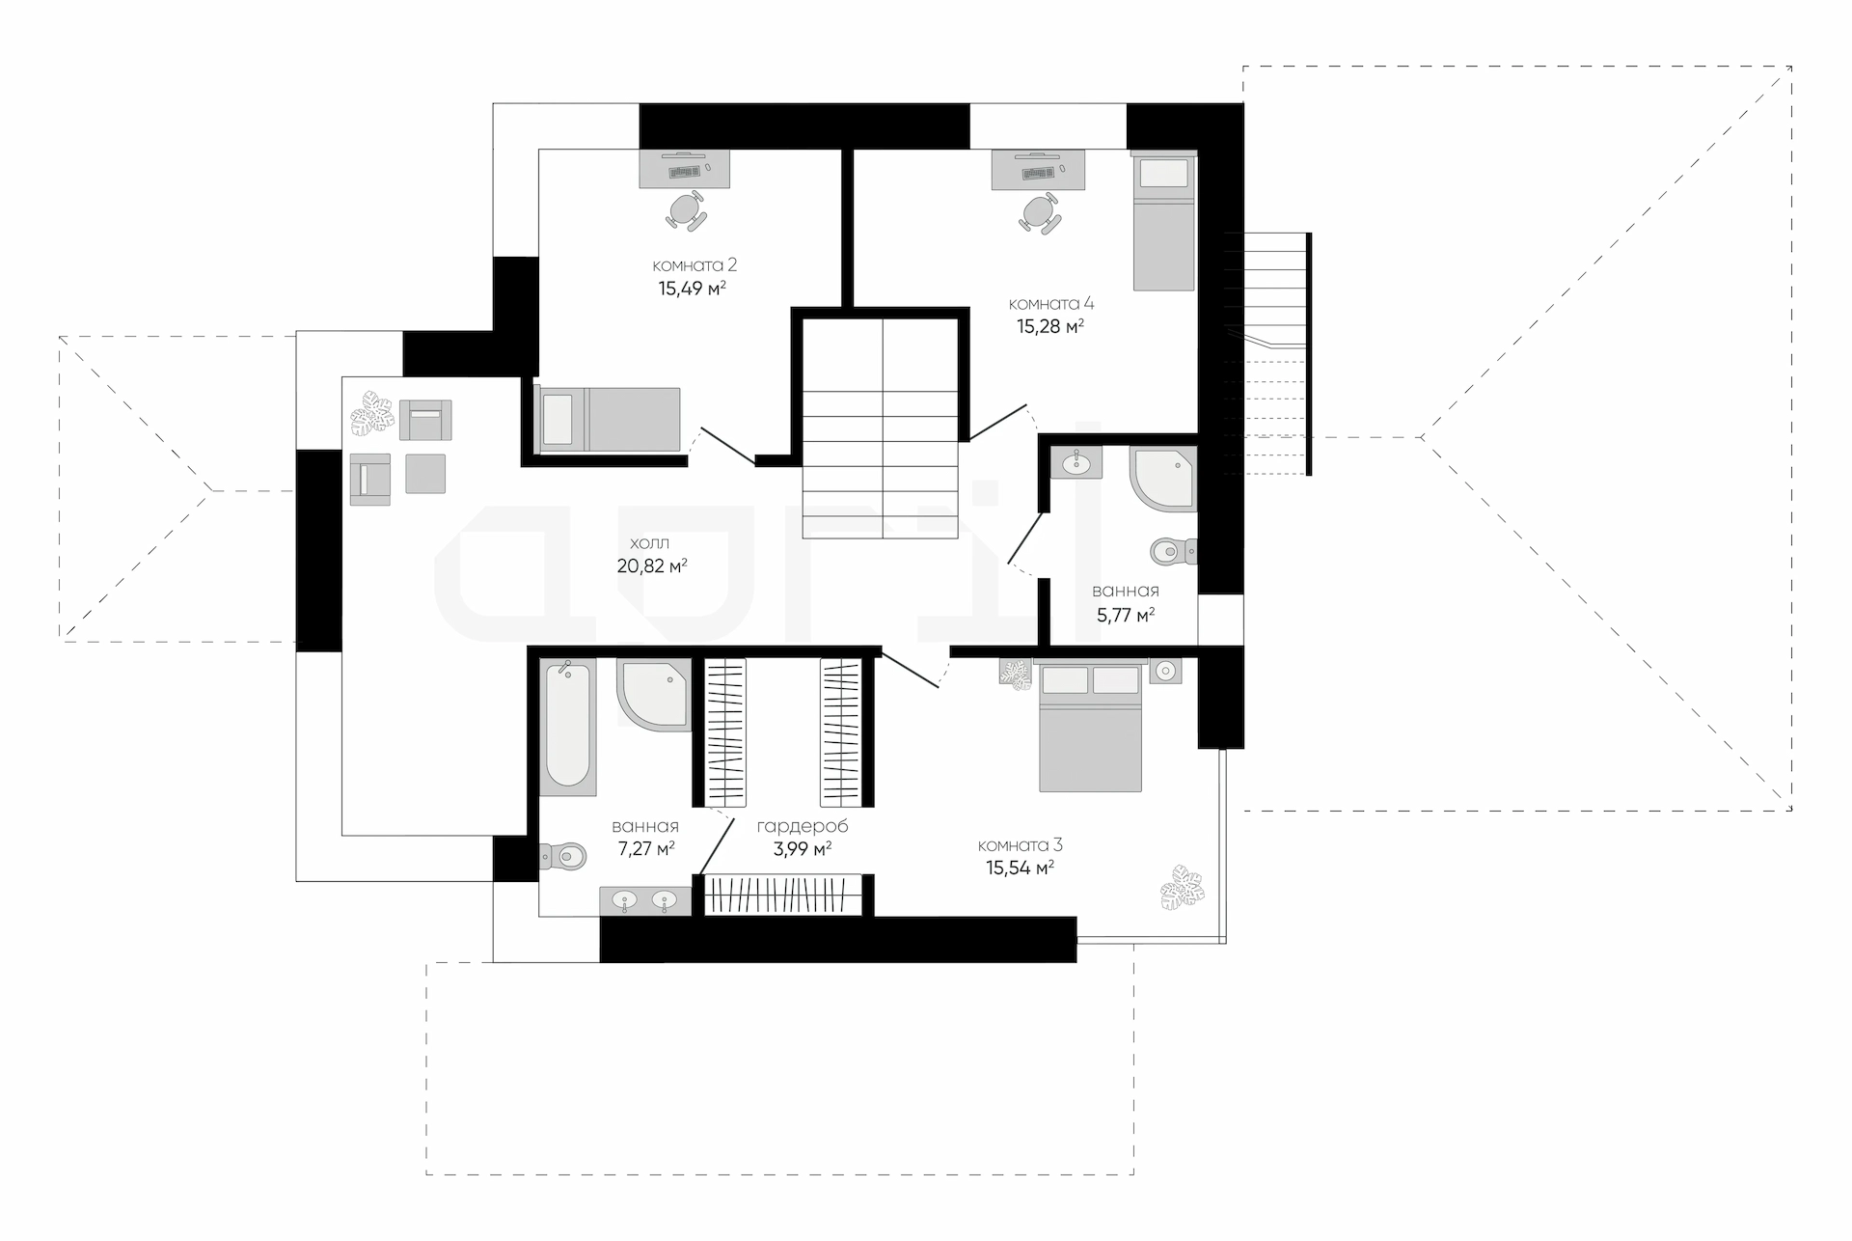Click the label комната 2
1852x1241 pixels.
[x=694, y=264]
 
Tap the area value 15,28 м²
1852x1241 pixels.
[x=1050, y=326]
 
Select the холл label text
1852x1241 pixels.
[x=649, y=543]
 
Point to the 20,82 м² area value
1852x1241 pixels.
[x=652, y=565]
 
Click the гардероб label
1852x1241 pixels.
[x=803, y=827]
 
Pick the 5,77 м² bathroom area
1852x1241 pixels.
[x=1126, y=614]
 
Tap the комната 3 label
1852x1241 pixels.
[x=1021, y=845]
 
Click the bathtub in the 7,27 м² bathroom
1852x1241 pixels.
[x=567, y=727]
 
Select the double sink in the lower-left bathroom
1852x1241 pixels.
[x=645, y=901]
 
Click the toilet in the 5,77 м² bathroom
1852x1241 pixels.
[x=1174, y=552]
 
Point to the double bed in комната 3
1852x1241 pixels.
[x=1091, y=727]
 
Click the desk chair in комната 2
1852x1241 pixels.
[x=686, y=209]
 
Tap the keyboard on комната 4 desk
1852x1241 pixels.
[x=1036, y=174]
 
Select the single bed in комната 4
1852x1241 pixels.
[x=1164, y=222]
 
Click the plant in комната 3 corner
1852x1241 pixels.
[x=1182, y=888]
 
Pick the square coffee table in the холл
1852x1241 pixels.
[x=425, y=473]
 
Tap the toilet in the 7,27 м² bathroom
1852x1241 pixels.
[x=563, y=855]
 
